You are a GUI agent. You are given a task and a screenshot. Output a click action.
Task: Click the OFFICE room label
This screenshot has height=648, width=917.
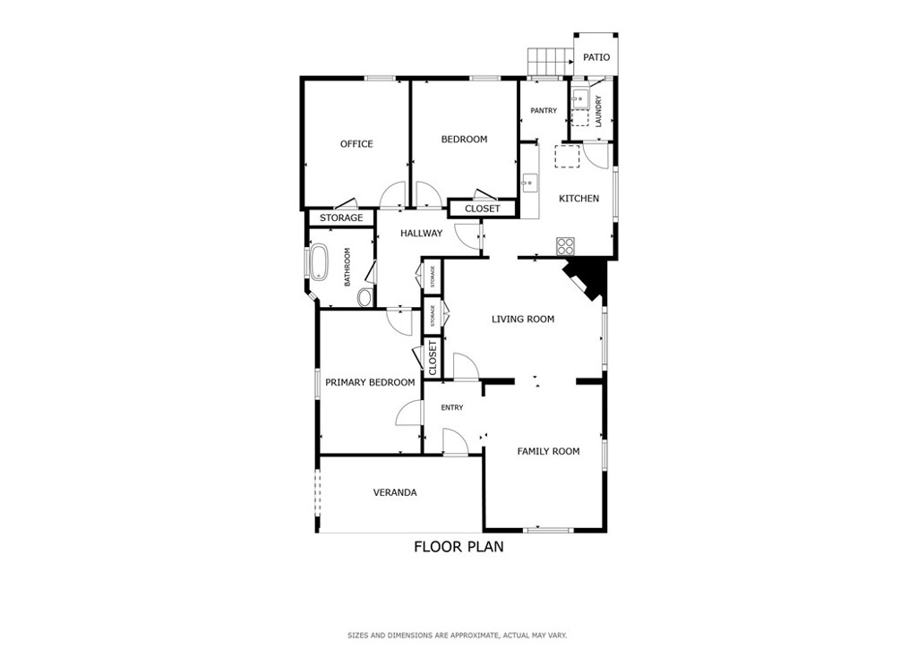pyautogui.click(x=356, y=144)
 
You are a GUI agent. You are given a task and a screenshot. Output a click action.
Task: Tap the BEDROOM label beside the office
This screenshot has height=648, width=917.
pyautogui.click(x=464, y=139)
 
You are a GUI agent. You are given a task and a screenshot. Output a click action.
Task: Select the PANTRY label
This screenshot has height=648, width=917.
pyautogui.click(x=544, y=110)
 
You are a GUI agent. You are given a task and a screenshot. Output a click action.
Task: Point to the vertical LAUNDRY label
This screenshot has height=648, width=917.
pyautogui.click(x=598, y=112)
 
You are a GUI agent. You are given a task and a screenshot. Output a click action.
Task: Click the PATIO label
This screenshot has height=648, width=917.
pyautogui.click(x=596, y=56)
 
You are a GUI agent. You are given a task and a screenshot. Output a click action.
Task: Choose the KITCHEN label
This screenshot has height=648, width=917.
pyautogui.click(x=578, y=199)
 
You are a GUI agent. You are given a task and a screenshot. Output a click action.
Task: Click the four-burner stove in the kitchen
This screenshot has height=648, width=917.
pyautogui.click(x=566, y=245)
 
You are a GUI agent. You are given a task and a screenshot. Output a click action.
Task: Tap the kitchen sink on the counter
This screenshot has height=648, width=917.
pyautogui.click(x=529, y=183)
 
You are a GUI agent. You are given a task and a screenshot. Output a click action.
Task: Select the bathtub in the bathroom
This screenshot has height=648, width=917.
pyautogui.click(x=319, y=261)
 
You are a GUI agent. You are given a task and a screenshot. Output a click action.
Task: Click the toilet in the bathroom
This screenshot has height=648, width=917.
pyautogui.click(x=365, y=297)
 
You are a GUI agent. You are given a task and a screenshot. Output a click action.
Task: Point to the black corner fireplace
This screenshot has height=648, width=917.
pyautogui.click(x=587, y=278)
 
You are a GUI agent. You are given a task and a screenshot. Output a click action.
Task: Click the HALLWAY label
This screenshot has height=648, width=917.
pyautogui.click(x=421, y=233)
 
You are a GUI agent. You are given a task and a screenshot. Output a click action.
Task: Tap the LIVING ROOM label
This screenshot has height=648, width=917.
pyautogui.click(x=522, y=319)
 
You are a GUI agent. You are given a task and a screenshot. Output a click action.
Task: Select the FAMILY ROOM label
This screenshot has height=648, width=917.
pyautogui.click(x=548, y=451)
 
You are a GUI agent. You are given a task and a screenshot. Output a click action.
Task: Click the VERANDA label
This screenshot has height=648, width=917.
pyautogui.click(x=395, y=492)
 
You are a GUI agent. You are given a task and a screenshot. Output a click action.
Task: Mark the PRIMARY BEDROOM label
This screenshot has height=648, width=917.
pyautogui.click(x=370, y=383)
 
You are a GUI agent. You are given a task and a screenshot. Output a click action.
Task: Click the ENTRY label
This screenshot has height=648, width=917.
pyautogui.click(x=451, y=408)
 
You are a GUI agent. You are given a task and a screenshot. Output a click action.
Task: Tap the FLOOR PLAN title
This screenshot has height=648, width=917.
pyautogui.click(x=458, y=547)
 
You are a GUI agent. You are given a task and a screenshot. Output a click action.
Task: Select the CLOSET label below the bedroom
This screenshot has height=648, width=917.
pyautogui.click(x=483, y=209)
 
